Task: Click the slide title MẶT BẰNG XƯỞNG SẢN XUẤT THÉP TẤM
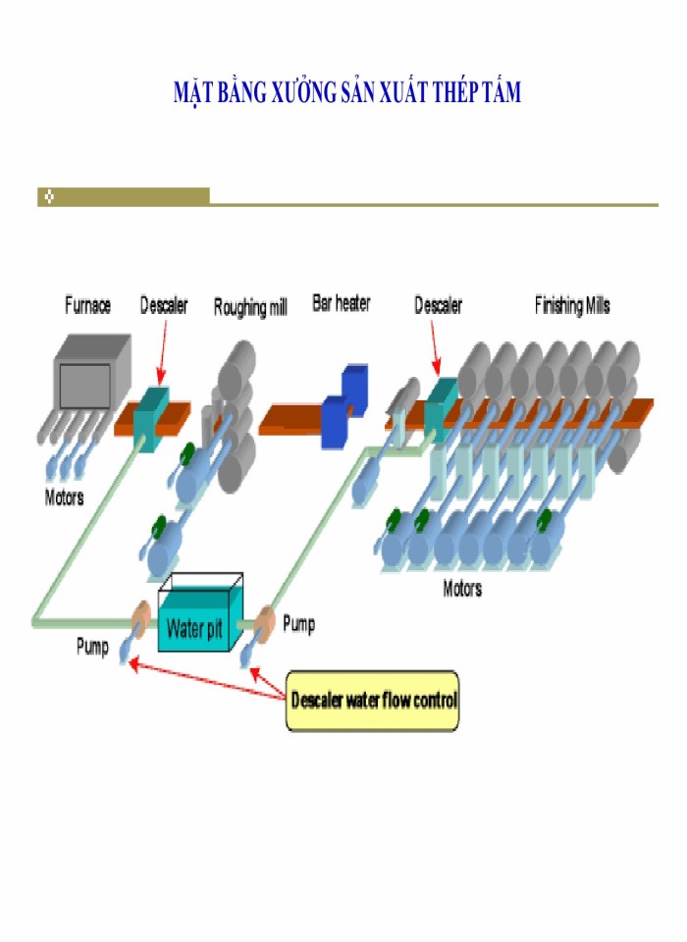pyautogui.click(x=346, y=93)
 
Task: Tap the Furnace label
pyautogui.click(x=87, y=305)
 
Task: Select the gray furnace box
pyautogui.click(x=91, y=373)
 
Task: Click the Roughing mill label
pyautogui.click(x=250, y=308)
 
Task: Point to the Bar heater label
pyautogui.click(x=341, y=304)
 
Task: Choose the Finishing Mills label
pyautogui.click(x=571, y=305)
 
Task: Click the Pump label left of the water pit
pyautogui.click(x=92, y=648)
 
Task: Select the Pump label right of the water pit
pyautogui.click(x=299, y=623)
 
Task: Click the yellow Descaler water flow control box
pyautogui.click(x=372, y=701)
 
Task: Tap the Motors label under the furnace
pyautogui.click(x=65, y=497)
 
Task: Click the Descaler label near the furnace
pyautogui.click(x=164, y=305)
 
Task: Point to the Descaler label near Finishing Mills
pyautogui.click(x=438, y=305)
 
